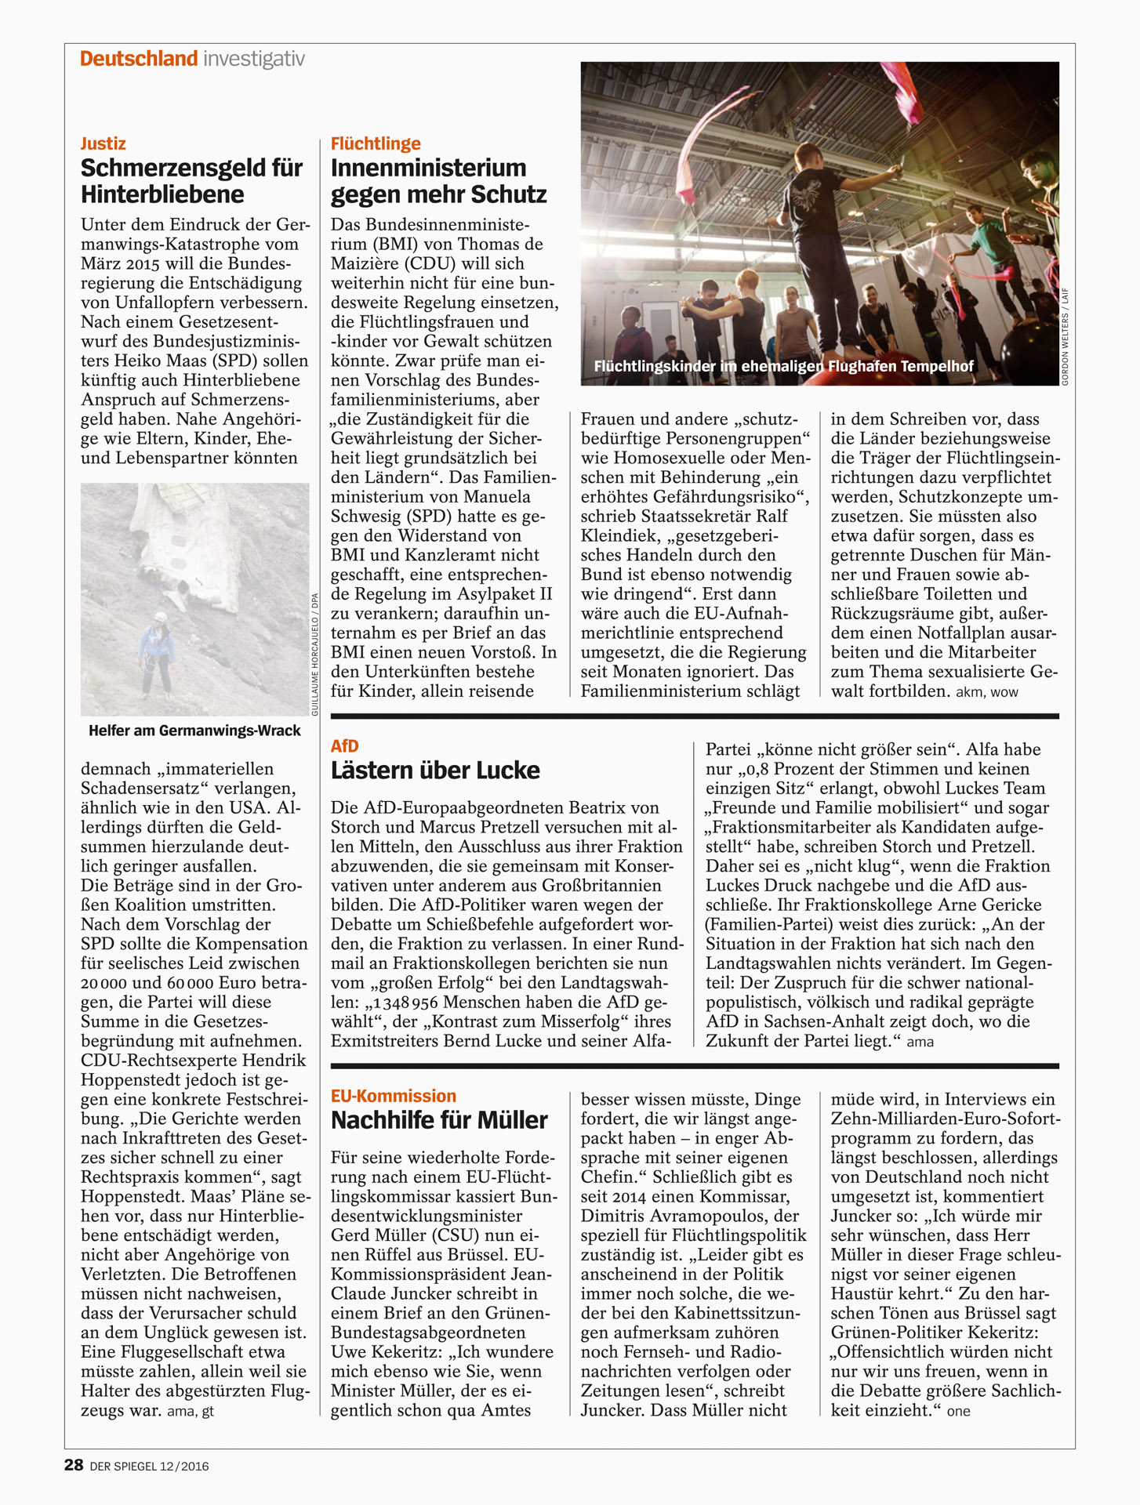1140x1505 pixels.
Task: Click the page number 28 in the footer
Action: coord(74,1464)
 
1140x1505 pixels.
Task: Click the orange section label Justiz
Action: coord(103,143)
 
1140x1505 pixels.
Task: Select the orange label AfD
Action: coord(344,746)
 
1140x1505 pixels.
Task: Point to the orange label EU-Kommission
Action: coord(393,1096)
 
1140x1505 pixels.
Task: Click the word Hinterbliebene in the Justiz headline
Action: coord(162,194)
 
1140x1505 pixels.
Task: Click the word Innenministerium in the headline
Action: coord(428,168)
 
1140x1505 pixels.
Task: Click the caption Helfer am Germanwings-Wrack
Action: coord(194,731)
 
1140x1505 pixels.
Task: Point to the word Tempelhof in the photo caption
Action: coord(928,367)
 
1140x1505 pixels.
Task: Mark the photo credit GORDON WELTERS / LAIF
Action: coord(1066,338)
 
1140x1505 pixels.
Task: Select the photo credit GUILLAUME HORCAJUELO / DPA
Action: coord(314,654)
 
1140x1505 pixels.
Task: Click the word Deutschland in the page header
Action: coord(139,59)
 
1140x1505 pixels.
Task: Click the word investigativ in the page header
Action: coord(253,59)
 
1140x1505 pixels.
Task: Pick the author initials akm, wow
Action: coord(987,692)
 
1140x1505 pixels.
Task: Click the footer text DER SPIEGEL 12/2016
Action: coord(149,1466)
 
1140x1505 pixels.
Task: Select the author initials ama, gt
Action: coord(191,1411)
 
